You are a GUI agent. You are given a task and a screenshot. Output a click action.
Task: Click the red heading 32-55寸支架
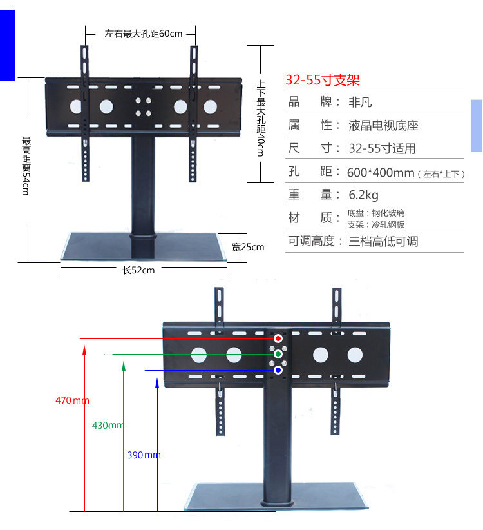pos(322,81)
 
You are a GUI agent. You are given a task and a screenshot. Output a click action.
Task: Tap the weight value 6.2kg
pos(363,194)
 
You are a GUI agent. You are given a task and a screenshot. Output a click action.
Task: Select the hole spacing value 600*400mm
pos(380,172)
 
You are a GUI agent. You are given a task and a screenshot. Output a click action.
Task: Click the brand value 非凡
pos(360,103)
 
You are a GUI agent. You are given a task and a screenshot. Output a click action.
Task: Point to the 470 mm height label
pos(72,400)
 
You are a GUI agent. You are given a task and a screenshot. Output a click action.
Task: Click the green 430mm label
pos(108,426)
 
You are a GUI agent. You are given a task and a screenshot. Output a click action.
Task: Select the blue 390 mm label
pos(144,455)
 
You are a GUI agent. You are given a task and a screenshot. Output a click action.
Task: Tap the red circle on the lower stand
pos(278,339)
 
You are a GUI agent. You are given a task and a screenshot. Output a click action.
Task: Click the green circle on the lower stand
pos(278,354)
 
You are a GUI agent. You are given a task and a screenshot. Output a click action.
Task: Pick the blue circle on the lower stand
pos(278,370)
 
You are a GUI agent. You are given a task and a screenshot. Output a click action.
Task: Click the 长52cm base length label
pos(138,270)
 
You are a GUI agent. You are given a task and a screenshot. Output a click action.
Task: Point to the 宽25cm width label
pos(248,247)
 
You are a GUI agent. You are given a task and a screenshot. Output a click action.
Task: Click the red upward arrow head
pos(84,349)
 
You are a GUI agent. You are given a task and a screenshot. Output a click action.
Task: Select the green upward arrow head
pos(122,366)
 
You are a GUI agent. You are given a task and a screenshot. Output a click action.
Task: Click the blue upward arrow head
pos(158,383)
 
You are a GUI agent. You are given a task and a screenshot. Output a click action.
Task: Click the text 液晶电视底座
pos(383,125)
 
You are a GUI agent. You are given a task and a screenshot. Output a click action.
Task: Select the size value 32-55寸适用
pos(382,148)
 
